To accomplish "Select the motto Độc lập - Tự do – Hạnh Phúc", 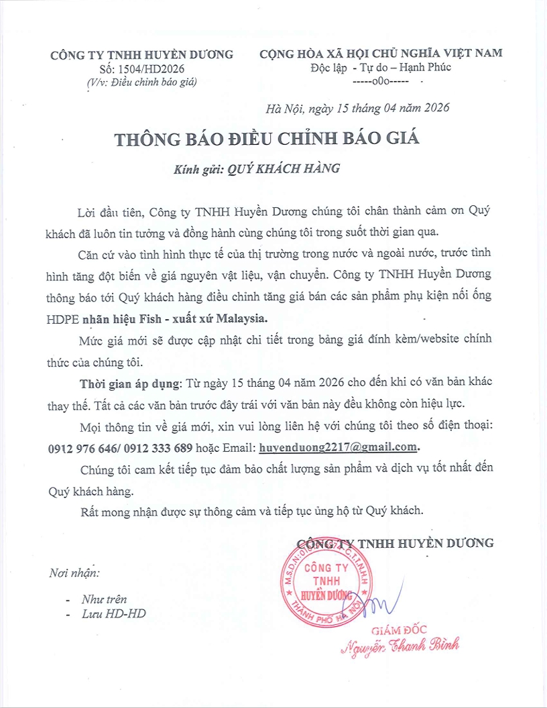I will [381, 67].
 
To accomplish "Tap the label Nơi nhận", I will [74, 573].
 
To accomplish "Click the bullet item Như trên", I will [104, 599].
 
